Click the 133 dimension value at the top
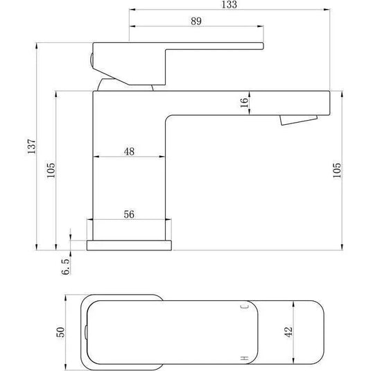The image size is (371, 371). pos(229,4)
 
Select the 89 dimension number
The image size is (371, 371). pos(196,21)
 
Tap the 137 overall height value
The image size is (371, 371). pos(31,146)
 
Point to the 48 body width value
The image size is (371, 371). pos(129,151)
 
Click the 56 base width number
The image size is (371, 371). pos(129,214)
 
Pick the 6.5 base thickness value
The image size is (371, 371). pos(66,266)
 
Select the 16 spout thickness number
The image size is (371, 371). pos(244,103)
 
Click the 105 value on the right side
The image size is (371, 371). pos(337,171)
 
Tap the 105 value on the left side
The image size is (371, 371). pos(51,171)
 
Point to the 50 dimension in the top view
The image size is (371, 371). pos(60,332)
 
